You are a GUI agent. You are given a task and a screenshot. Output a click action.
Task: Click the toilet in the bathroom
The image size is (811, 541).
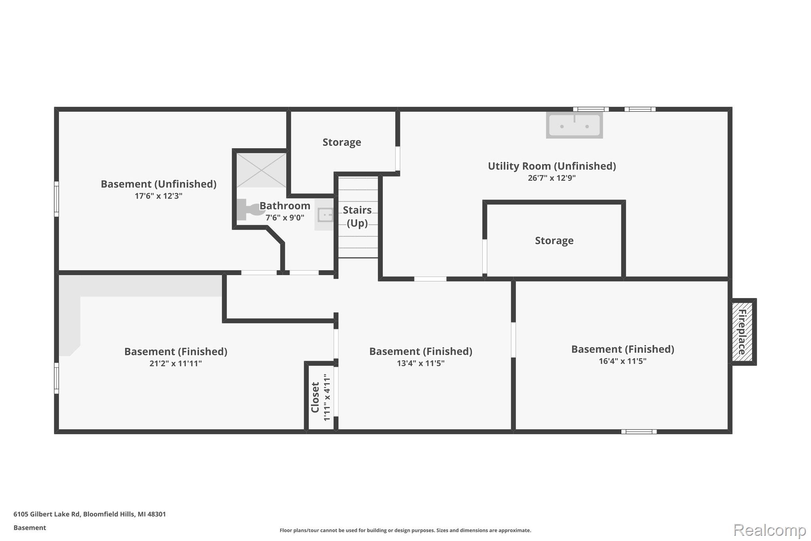click(x=249, y=210)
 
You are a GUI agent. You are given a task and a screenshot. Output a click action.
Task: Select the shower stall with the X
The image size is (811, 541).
click(x=261, y=170)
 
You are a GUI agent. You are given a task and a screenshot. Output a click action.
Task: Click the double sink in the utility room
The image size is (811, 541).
click(x=574, y=125)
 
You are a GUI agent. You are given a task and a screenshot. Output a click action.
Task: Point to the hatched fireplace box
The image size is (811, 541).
click(x=742, y=332)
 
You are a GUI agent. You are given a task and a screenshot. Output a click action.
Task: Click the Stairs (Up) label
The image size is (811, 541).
click(x=357, y=216)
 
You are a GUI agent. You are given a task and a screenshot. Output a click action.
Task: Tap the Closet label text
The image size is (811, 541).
click(x=315, y=397)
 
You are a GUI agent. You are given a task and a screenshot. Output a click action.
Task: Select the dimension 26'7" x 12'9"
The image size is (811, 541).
click(x=552, y=178)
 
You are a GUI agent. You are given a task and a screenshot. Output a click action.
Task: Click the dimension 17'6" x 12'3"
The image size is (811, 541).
click(x=158, y=196)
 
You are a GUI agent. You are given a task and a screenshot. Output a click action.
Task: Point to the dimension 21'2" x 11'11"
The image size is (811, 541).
click(x=176, y=363)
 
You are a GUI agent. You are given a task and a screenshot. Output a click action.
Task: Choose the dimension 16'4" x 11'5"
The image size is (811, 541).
click(x=623, y=361)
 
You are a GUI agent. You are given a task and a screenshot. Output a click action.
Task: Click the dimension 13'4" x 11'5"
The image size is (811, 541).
click(x=421, y=363)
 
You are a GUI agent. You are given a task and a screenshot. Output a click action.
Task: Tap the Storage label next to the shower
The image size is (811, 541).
click(x=342, y=142)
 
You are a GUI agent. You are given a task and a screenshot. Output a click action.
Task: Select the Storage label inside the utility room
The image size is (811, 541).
click(x=554, y=241)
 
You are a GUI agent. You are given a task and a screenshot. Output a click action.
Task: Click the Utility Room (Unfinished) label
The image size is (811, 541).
click(x=552, y=166)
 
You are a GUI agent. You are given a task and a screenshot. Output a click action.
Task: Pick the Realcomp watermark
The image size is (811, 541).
click(x=769, y=530)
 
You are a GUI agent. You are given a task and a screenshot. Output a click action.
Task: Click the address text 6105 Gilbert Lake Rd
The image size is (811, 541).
click(x=47, y=514)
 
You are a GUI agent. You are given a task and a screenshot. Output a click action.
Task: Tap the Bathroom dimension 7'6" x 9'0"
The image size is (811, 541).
click(x=285, y=218)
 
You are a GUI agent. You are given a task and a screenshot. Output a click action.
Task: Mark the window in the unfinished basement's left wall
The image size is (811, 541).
click(x=56, y=199)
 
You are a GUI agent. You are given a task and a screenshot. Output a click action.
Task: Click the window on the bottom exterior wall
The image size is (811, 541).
click(x=639, y=432)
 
